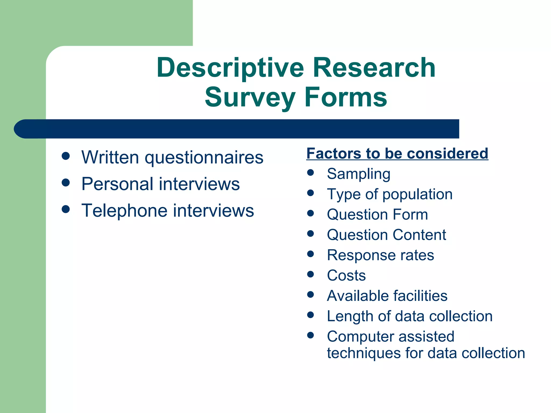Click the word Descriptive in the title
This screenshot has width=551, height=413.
(231, 68)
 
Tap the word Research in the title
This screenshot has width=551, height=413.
(374, 68)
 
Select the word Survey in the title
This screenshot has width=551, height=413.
(250, 97)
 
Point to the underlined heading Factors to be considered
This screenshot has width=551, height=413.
(397, 154)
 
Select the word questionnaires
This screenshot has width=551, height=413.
(204, 158)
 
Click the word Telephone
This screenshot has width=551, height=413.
(124, 211)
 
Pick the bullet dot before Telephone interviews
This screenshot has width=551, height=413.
(66, 209)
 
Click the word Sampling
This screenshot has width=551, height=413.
(359, 174)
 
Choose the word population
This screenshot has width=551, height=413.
(417, 194)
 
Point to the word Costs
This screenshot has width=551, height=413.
(346, 276)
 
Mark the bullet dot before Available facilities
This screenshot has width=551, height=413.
(310, 294)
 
